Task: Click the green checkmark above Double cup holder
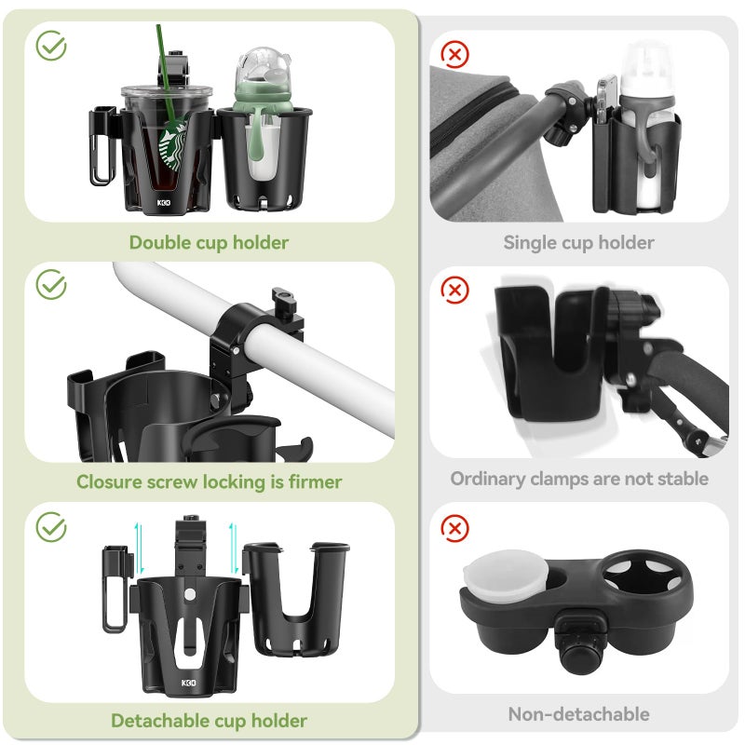pyautogui.click(x=51, y=45)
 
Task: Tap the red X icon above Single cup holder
pyautogui.click(x=454, y=55)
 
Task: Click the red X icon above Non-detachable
pyautogui.click(x=454, y=530)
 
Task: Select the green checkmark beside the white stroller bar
pyautogui.click(x=51, y=285)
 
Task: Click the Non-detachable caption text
pyautogui.click(x=578, y=714)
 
